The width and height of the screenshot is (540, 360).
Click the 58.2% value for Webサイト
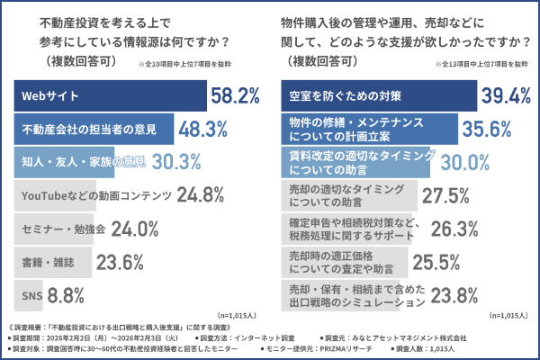[235, 94]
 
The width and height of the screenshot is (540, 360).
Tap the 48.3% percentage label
[206, 130]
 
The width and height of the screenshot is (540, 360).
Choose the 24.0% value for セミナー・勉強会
[134, 229]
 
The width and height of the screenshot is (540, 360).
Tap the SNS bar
[31, 294]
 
